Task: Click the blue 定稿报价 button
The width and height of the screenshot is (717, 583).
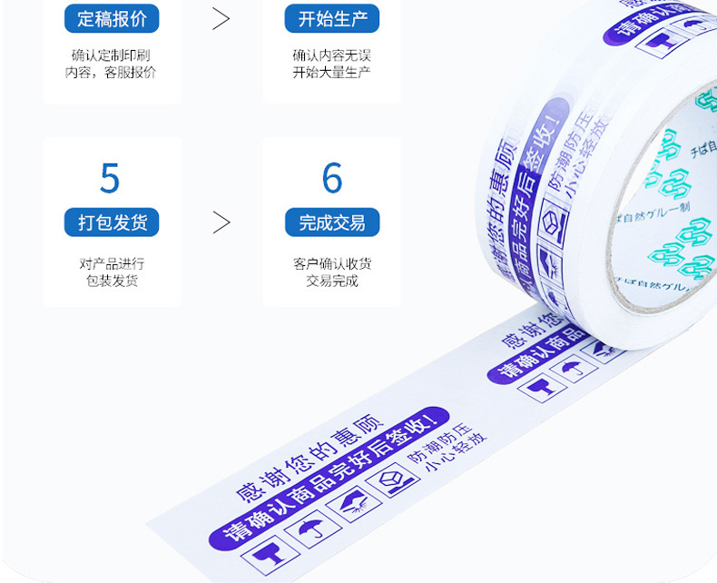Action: click(112, 18)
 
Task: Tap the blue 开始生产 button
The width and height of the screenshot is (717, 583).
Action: click(332, 18)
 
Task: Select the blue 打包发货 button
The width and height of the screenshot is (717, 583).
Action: click(112, 222)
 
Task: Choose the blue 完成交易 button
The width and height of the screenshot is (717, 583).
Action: click(332, 222)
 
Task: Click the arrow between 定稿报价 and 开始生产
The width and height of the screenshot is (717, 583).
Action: click(221, 18)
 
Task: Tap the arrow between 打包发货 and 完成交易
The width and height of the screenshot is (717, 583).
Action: click(221, 222)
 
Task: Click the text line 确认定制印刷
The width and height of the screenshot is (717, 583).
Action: click(111, 55)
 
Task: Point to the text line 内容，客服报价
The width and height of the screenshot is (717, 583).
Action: click(111, 73)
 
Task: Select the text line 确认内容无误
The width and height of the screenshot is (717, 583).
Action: click(332, 55)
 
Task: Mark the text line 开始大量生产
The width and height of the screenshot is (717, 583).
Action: click(332, 73)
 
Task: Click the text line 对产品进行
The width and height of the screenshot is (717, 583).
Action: click(111, 264)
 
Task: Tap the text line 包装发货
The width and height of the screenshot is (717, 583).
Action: click(111, 281)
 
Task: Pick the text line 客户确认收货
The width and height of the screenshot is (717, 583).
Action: click(332, 264)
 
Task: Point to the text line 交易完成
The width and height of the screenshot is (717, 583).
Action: click(332, 281)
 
